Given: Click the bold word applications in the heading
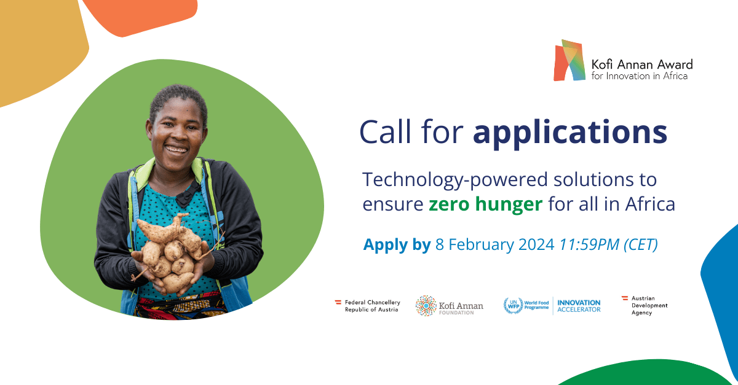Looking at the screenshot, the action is tap(570, 133).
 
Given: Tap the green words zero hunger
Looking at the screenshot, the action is tap(485, 204).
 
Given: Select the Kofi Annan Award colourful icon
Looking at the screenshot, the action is tap(569, 60).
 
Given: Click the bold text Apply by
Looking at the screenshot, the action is tap(397, 245).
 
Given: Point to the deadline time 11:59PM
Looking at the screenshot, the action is tap(589, 244).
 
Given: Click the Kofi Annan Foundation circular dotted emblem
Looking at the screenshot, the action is tap(426, 306).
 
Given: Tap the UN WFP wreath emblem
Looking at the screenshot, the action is tap(514, 306).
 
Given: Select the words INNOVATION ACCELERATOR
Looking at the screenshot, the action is tap(579, 306).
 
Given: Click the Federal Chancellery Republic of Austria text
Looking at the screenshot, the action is tap(372, 306).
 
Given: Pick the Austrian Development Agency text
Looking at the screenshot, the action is tap(649, 305).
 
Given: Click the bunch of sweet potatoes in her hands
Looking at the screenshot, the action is tap(172, 254).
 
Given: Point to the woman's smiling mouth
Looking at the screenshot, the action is tap(176, 149).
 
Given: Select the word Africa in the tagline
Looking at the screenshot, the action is tap(650, 204).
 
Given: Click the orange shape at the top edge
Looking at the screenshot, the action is tap(140, 17).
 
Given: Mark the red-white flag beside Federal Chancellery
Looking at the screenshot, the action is tap(338, 301).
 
